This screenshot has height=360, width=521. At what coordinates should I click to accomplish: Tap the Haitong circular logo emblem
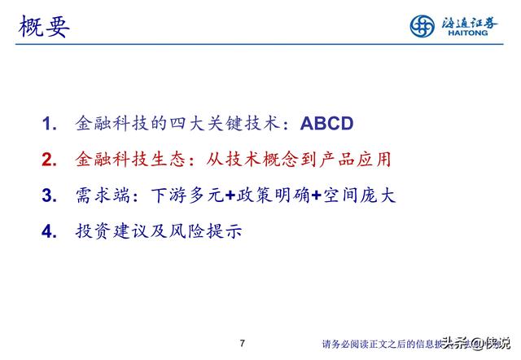422,26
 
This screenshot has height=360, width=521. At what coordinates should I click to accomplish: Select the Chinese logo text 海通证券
466,22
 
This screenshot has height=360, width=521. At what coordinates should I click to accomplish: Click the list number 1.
50,125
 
